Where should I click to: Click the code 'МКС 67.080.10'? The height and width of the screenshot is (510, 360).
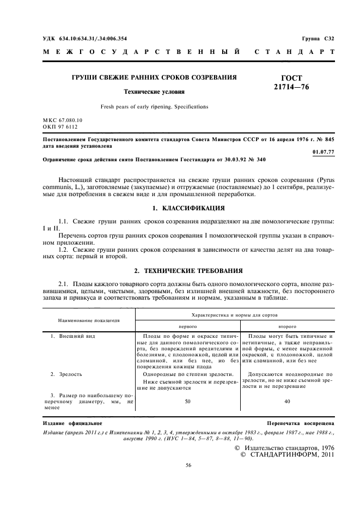tap(63, 119)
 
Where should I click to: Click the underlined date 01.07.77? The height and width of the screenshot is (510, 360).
tap(324, 152)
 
